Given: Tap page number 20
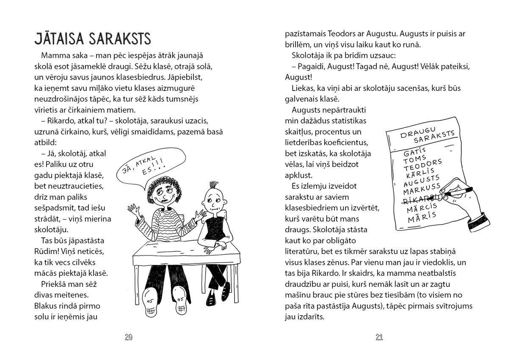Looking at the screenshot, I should [x=129, y=337].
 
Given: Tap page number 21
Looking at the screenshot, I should [x=379, y=337].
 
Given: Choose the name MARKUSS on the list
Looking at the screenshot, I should [x=422, y=189].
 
